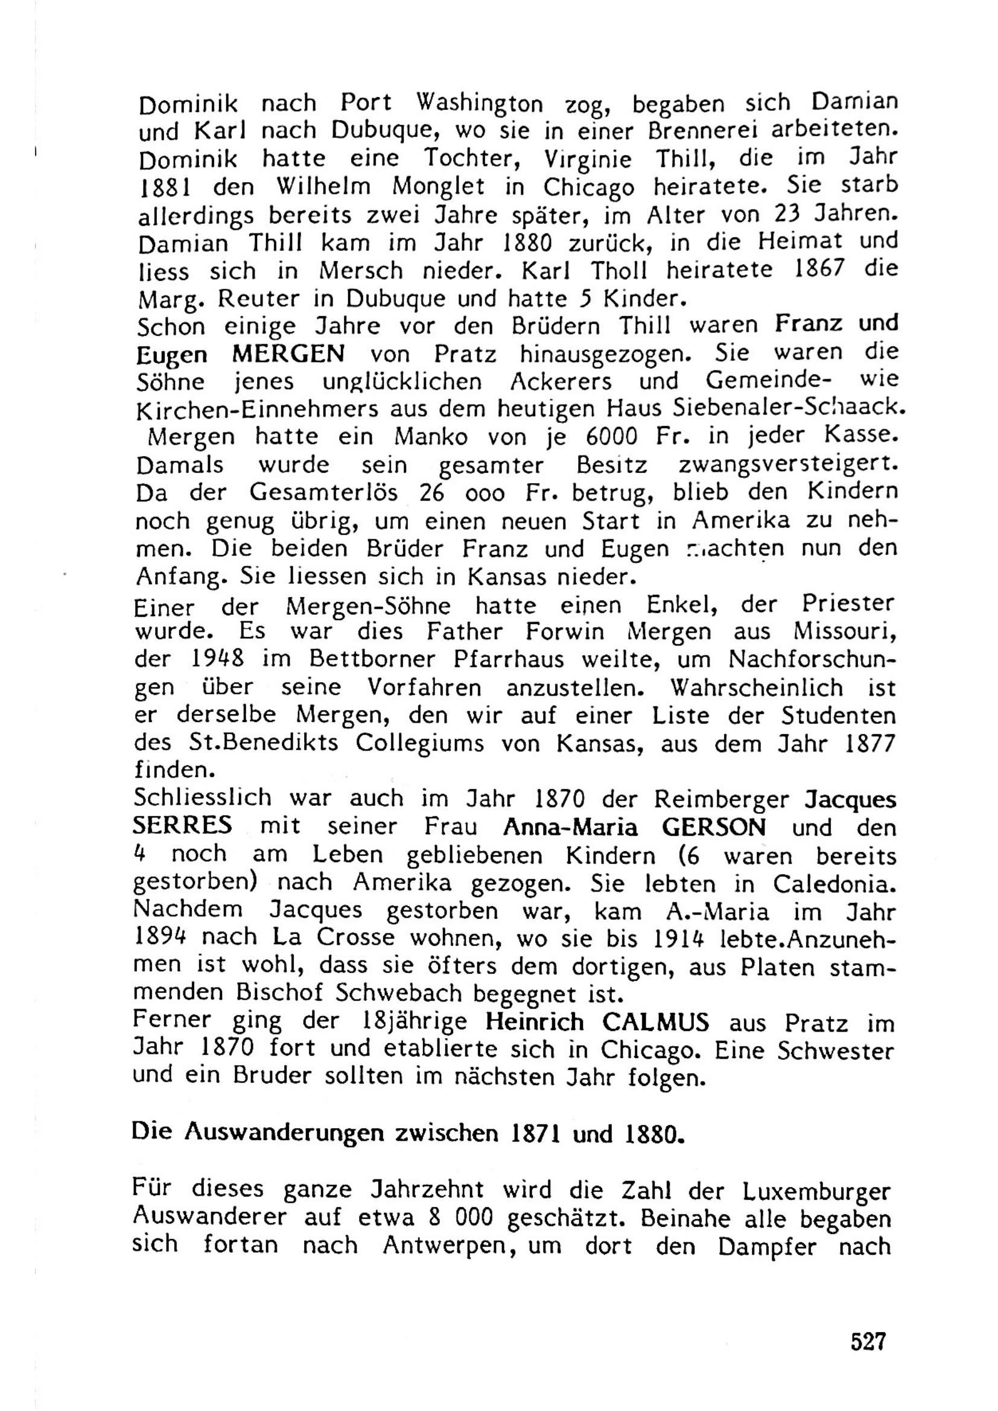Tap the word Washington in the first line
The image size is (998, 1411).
[x=479, y=103]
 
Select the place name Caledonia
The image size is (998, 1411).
[x=831, y=884]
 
